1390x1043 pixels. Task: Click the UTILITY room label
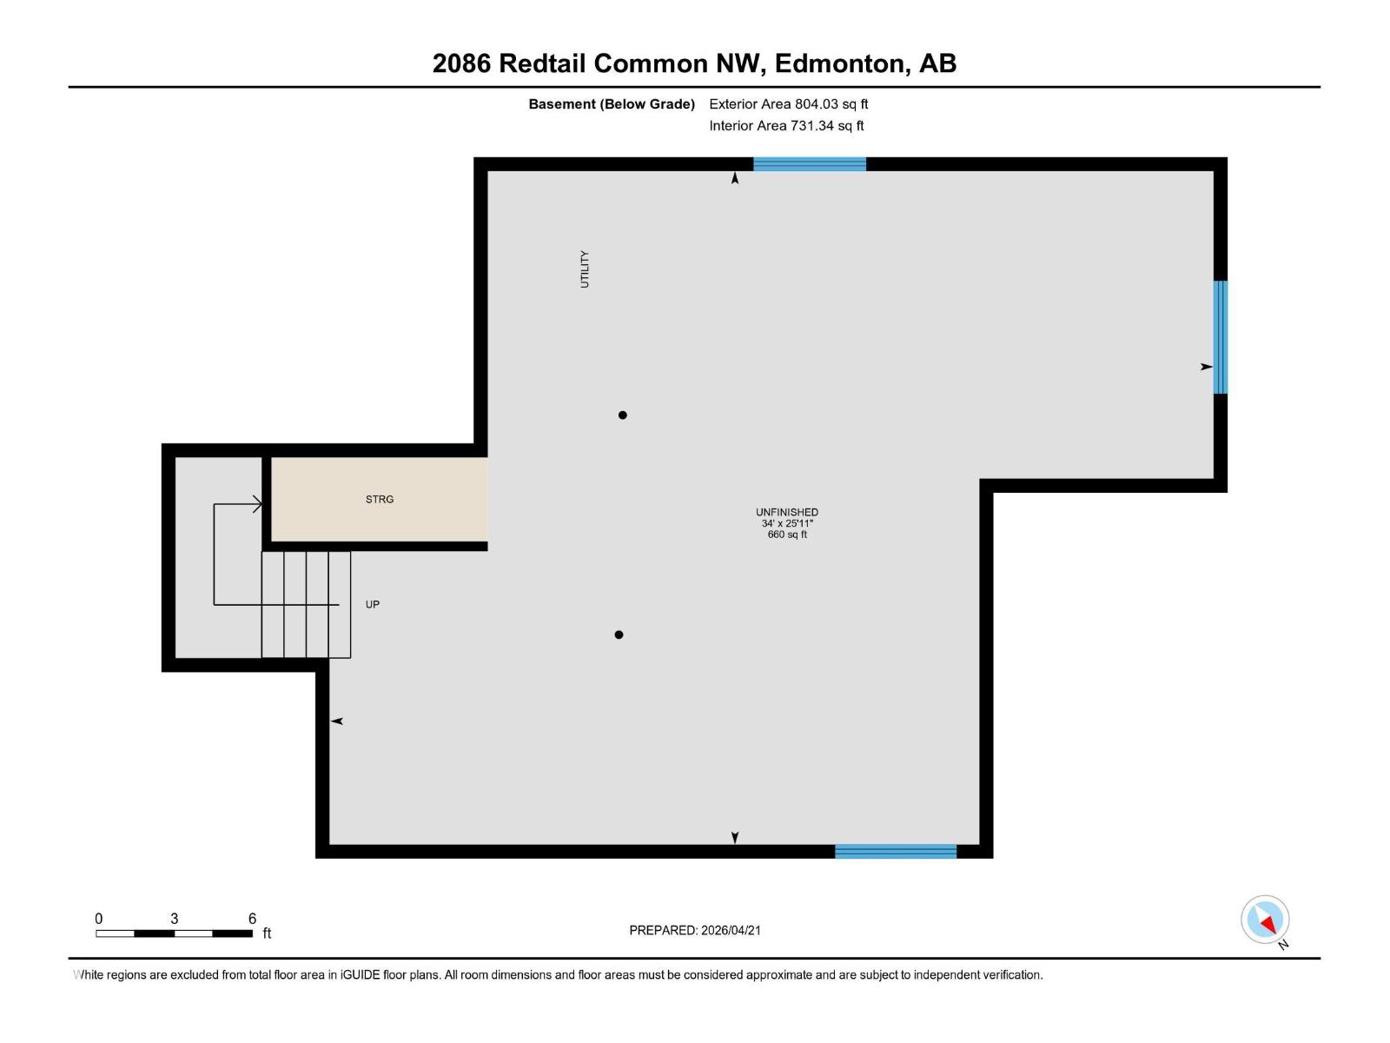(x=585, y=269)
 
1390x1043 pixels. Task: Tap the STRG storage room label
(x=380, y=500)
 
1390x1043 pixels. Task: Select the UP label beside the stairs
(x=373, y=605)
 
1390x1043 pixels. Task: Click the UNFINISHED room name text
(x=787, y=513)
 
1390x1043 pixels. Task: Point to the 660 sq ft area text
(x=787, y=535)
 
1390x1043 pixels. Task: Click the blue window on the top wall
(x=809, y=164)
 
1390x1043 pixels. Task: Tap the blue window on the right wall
(x=1221, y=337)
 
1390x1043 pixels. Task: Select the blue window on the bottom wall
(x=896, y=852)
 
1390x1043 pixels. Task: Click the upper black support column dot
(x=623, y=415)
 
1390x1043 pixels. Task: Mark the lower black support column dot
(x=619, y=634)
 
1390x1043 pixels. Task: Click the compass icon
(x=1265, y=920)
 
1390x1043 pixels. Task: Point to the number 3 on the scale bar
(x=175, y=919)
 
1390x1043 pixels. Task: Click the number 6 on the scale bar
(x=253, y=919)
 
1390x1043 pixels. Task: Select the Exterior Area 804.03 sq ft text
(x=788, y=104)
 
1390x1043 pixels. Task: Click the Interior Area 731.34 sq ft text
(x=786, y=126)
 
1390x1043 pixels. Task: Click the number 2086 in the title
(x=461, y=63)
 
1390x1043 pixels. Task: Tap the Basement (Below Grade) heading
(x=612, y=104)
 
